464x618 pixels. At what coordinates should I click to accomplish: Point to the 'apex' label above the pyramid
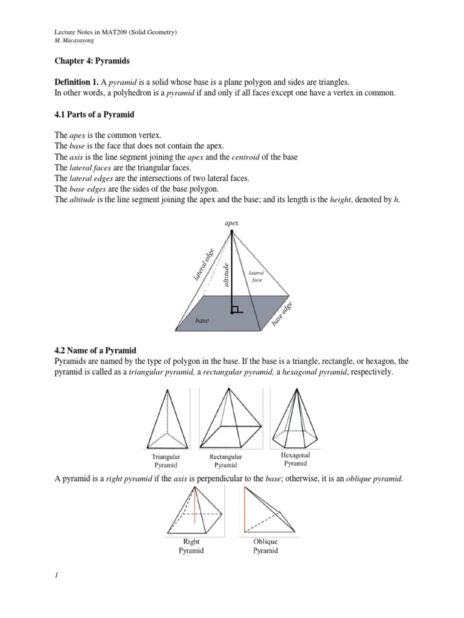(232, 223)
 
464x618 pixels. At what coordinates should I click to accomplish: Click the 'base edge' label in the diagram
(282, 314)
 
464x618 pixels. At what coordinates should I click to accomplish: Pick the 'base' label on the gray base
(202, 320)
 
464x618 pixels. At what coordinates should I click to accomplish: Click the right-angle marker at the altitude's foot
(236, 310)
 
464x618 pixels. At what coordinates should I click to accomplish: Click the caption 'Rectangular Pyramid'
(225, 462)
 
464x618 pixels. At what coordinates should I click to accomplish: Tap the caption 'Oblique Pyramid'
(265, 546)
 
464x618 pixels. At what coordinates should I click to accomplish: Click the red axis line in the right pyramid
(195, 507)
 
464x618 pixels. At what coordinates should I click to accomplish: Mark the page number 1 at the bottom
(56, 575)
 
